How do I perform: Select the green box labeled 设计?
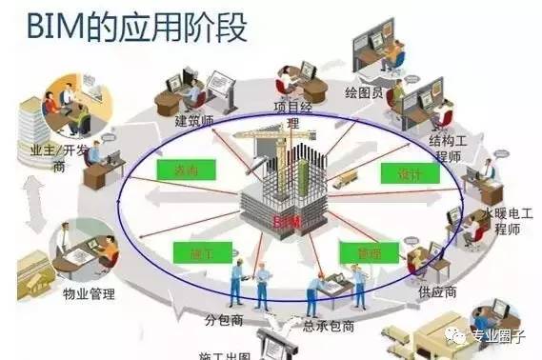tap(401, 173)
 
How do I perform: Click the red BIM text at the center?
tap(282, 221)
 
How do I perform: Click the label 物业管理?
tap(89, 294)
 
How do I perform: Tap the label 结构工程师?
tap(449, 148)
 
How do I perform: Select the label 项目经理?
tap(292, 114)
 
